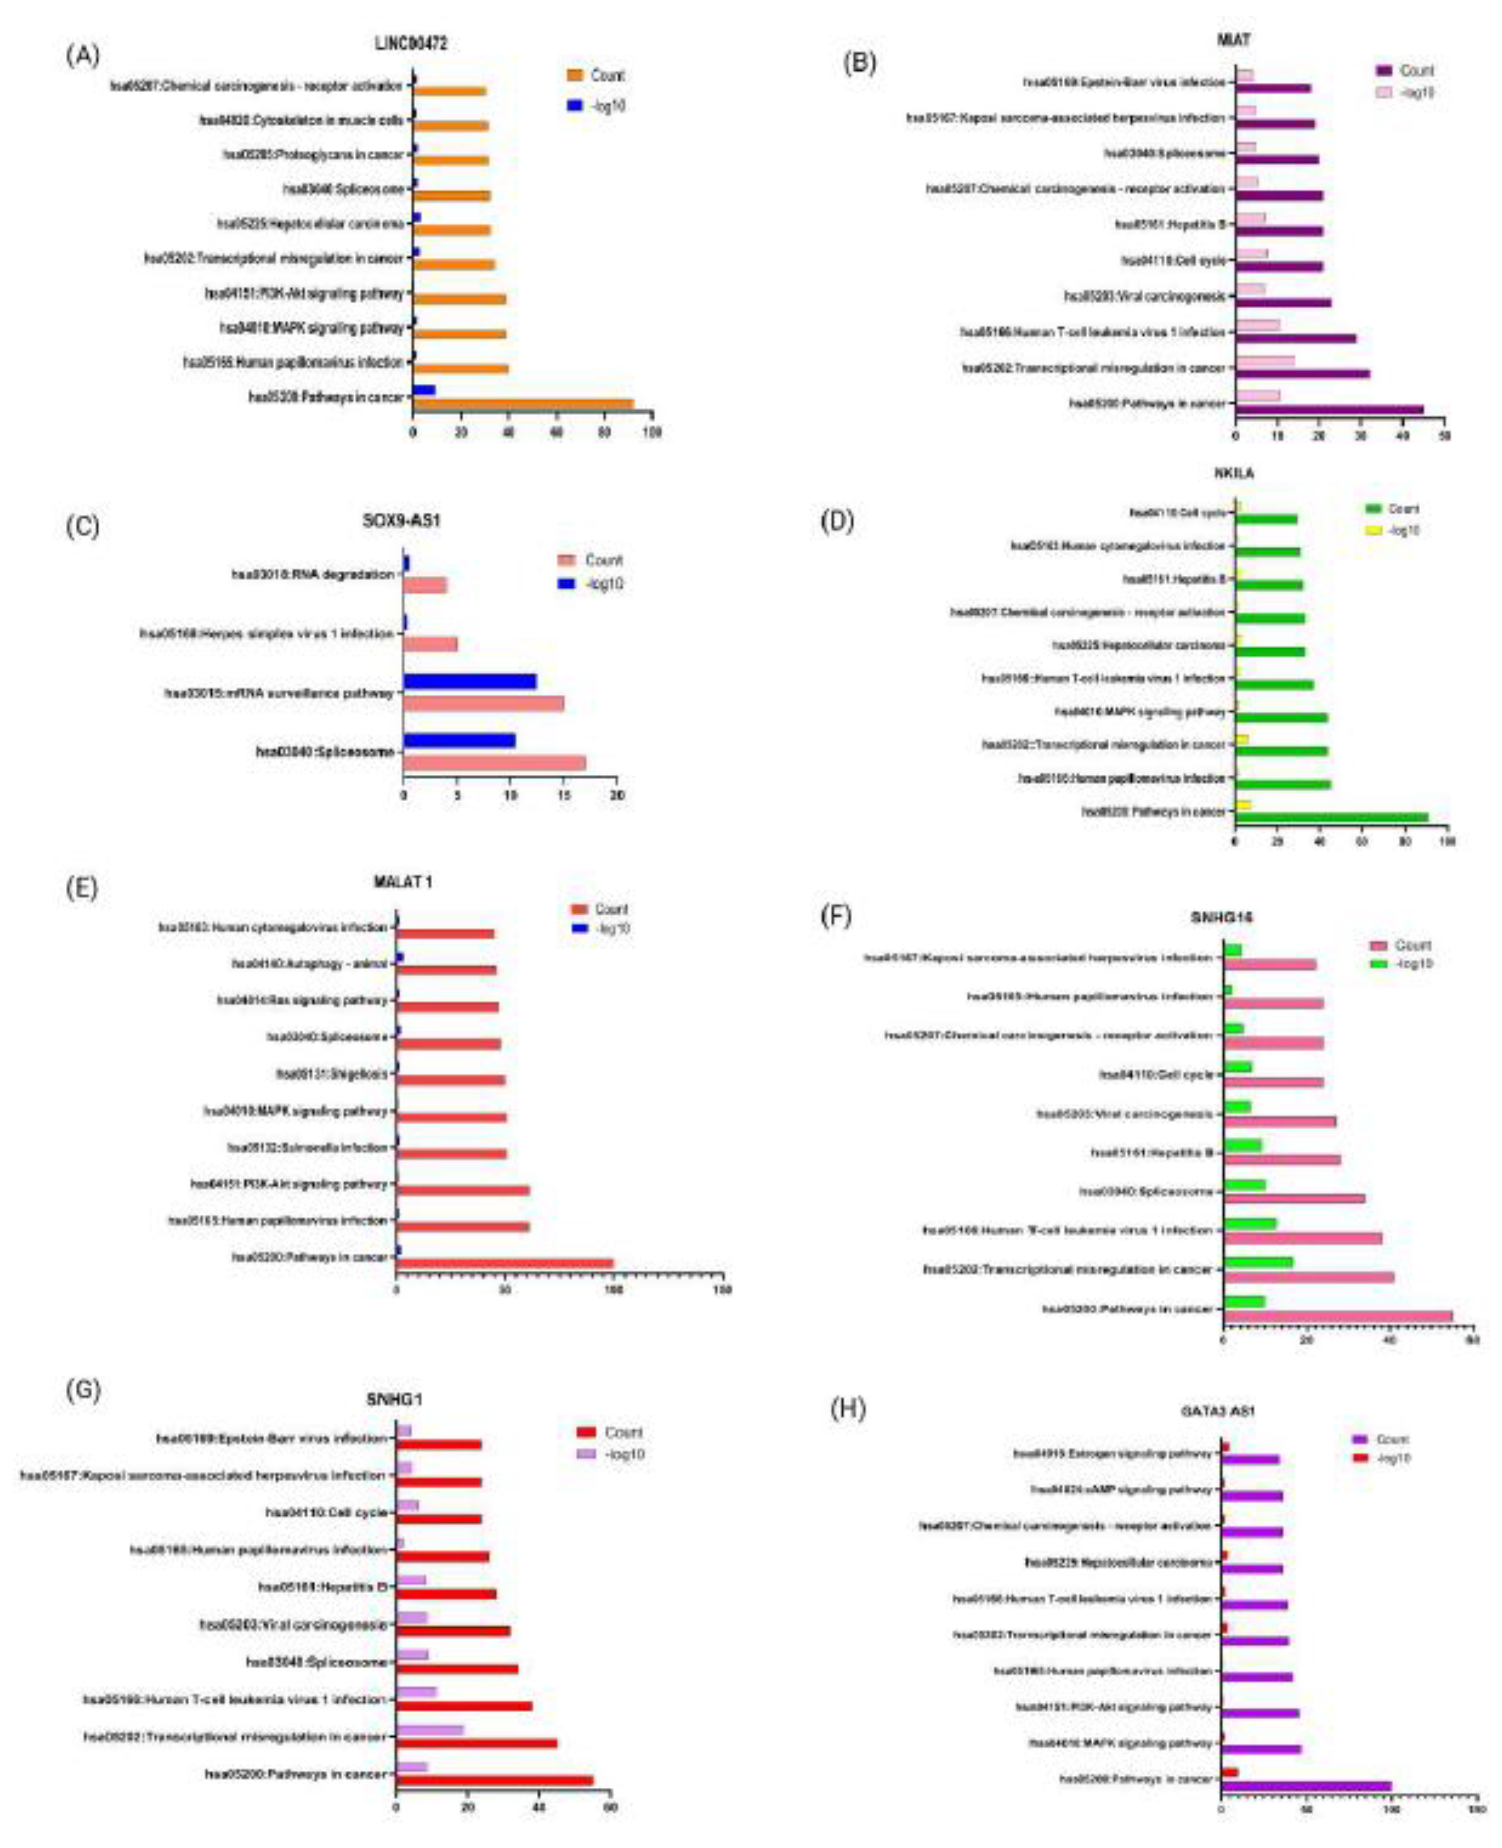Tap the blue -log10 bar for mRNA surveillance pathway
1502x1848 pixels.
click(x=470, y=681)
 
